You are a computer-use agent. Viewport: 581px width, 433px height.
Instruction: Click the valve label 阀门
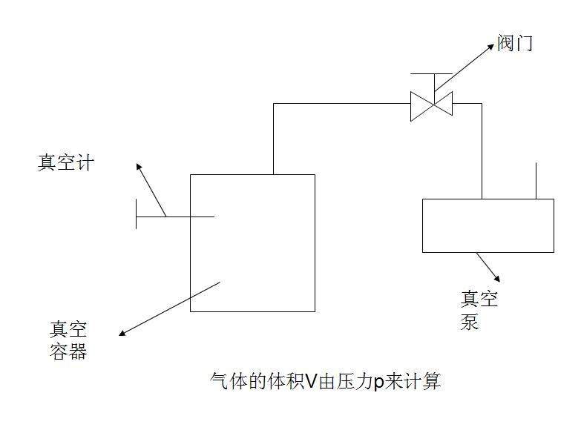(x=515, y=44)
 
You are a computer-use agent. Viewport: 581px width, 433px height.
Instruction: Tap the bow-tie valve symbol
(x=432, y=105)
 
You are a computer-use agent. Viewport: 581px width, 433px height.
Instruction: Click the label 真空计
(x=65, y=162)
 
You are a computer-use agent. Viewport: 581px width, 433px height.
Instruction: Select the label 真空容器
(x=69, y=340)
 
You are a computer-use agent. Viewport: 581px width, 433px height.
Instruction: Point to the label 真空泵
(x=479, y=310)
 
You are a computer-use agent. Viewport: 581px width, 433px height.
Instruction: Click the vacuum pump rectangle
(x=488, y=225)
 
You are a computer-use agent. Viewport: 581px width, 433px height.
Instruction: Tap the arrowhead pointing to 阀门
(x=490, y=46)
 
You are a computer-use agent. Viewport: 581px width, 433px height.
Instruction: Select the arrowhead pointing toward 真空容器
(x=123, y=333)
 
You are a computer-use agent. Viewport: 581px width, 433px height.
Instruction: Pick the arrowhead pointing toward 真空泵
(x=496, y=278)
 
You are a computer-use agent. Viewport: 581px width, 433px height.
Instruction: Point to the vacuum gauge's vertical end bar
(x=137, y=216)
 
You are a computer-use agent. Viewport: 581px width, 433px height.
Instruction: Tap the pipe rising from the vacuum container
(x=274, y=139)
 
